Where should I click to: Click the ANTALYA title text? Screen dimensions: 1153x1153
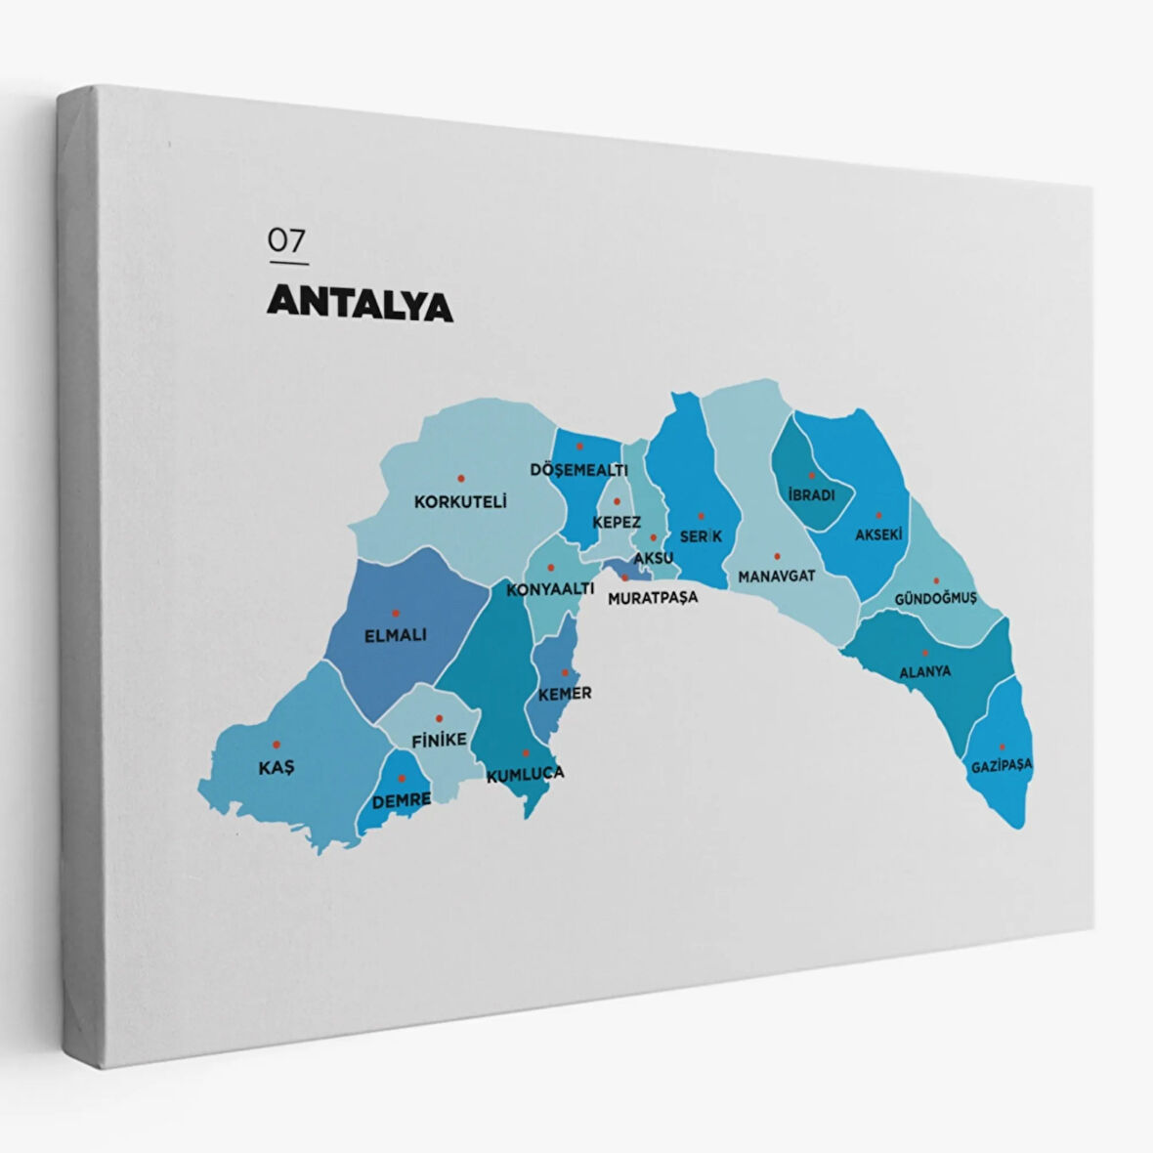[360, 304]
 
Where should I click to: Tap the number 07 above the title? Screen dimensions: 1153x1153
[287, 240]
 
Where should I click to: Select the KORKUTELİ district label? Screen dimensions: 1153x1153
[460, 502]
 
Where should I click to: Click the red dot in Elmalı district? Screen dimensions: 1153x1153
[396, 614]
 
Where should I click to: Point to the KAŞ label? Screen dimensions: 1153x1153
[276, 768]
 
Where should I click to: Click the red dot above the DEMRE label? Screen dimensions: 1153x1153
[402, 778]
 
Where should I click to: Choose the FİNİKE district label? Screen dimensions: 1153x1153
[439, 741]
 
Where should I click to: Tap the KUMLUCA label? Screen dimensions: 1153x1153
[526, 774]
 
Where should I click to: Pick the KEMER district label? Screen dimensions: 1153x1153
[565, 693]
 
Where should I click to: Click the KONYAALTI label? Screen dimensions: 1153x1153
[550, 590]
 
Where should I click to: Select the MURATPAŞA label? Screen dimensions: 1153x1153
[653, 597]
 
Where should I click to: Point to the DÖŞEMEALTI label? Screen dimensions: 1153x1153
[578, 470]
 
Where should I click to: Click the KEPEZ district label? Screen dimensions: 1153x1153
[617, 523]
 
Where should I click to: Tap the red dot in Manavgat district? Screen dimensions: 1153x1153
[777, 555]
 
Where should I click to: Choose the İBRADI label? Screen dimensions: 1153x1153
[811, 495]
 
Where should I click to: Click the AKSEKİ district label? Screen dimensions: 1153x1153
[877, 534]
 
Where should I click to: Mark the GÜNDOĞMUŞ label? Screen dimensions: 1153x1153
[935, 598]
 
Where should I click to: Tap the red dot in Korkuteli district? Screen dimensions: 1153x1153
[461, 479]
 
